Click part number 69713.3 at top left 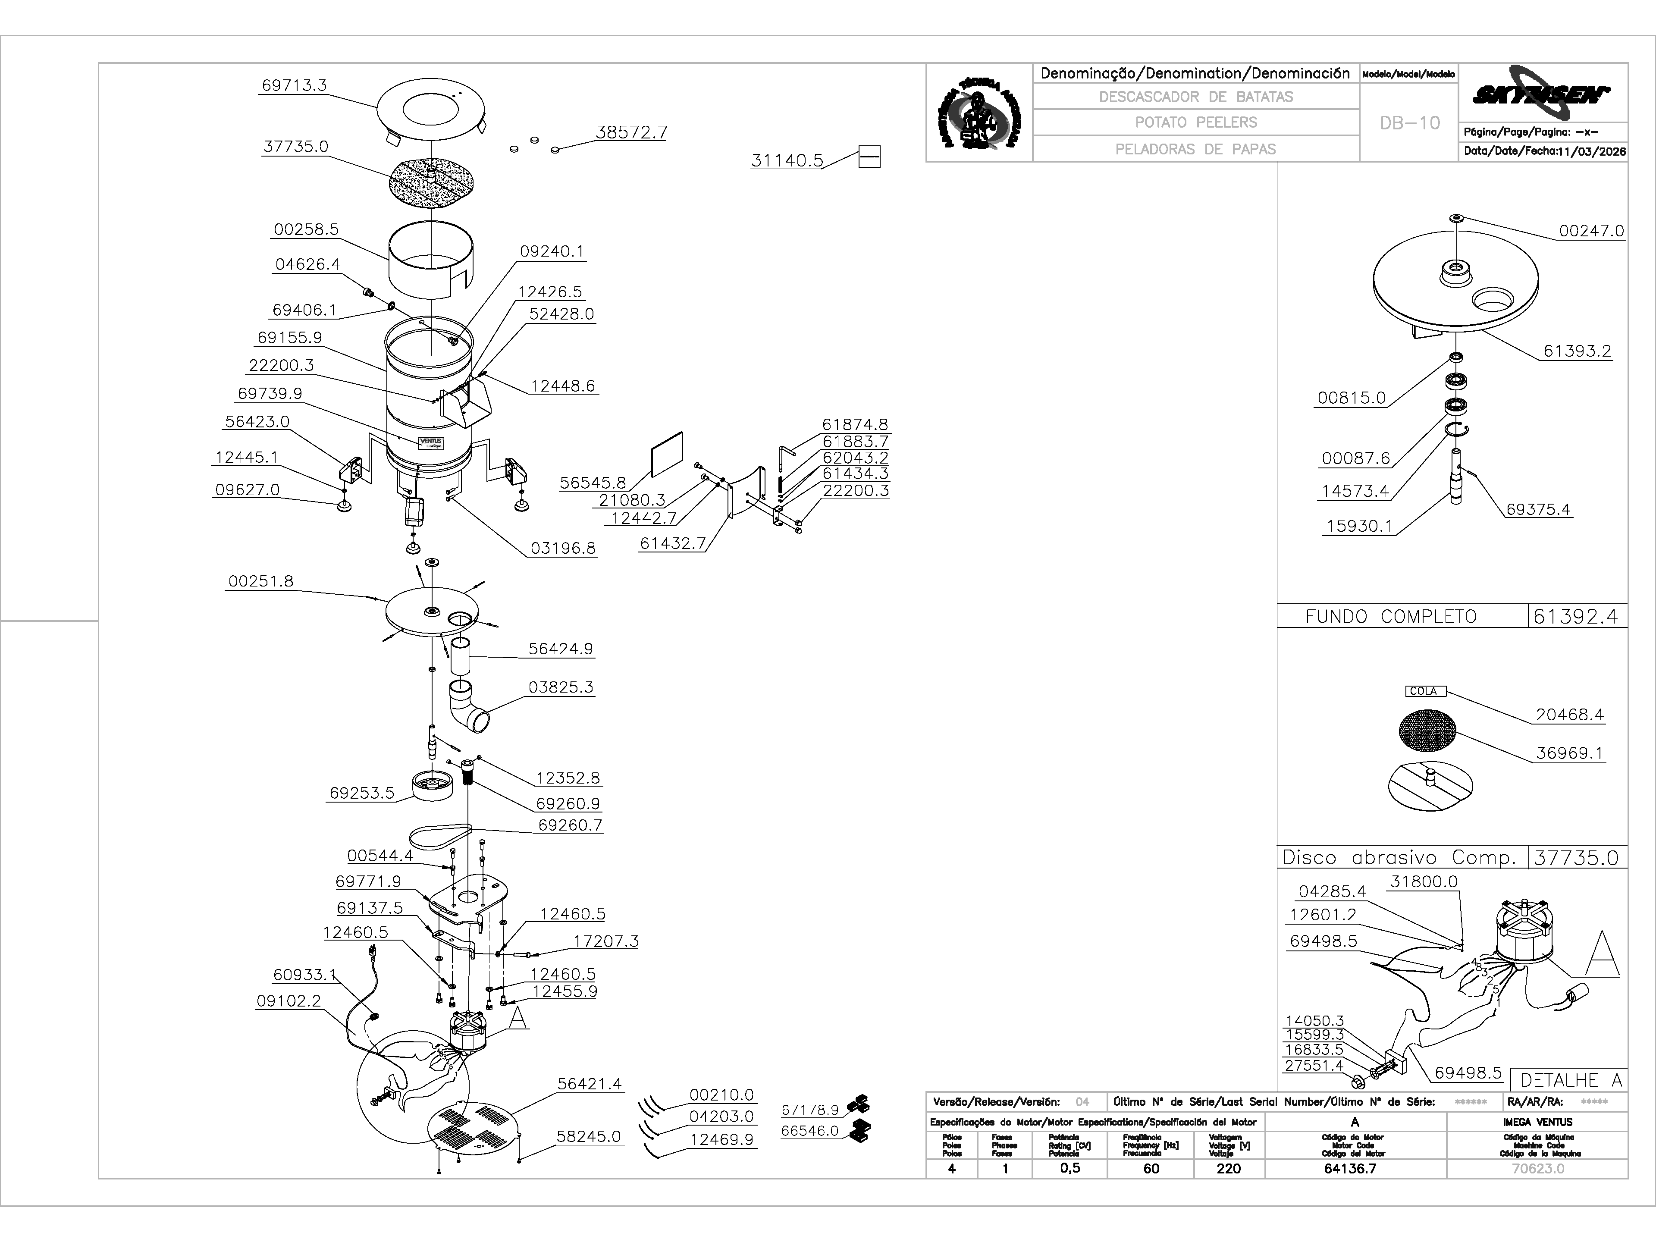coord(294,85)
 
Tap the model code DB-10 coord(1410,123)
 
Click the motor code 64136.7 coord(1355,1169)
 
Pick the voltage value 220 coord(1229,1169)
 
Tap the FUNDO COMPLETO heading coord(1391,617)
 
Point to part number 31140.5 coord(787,160)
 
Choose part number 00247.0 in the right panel coord(1591,231)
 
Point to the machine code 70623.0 coord(1538,1169)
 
